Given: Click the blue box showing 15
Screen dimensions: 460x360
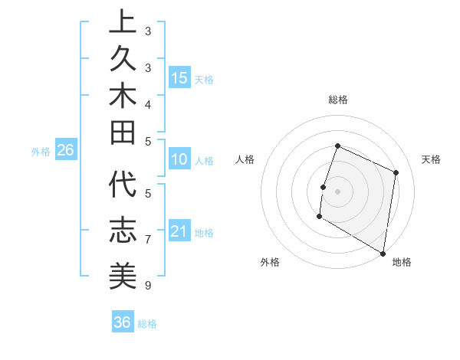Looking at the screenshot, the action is [x=179, y=77].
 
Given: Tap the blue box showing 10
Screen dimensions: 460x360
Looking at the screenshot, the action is [x=179, y=160].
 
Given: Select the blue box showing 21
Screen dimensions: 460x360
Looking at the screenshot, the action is [x=179, y=231].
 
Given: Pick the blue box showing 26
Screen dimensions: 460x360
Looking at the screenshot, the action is [x=65, y=150].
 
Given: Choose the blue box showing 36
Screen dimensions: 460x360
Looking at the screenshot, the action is [x=123, y=322].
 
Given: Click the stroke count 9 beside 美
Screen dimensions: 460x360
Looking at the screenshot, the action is [x=147, y=286].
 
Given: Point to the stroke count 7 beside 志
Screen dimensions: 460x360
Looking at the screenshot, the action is [x=147, y=240].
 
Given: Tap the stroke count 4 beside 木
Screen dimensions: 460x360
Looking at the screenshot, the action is [x=147, y=104].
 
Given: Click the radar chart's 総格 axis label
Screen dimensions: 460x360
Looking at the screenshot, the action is [x=337, y=100].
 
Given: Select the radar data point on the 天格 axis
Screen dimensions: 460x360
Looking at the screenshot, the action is [x=396, y=172].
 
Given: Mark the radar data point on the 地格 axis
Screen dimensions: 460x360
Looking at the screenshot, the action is [x=382, y=253].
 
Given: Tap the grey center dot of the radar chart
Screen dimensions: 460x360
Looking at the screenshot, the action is [x=337, y=191].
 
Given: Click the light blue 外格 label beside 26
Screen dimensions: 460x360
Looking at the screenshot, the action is [x=41, y=152].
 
